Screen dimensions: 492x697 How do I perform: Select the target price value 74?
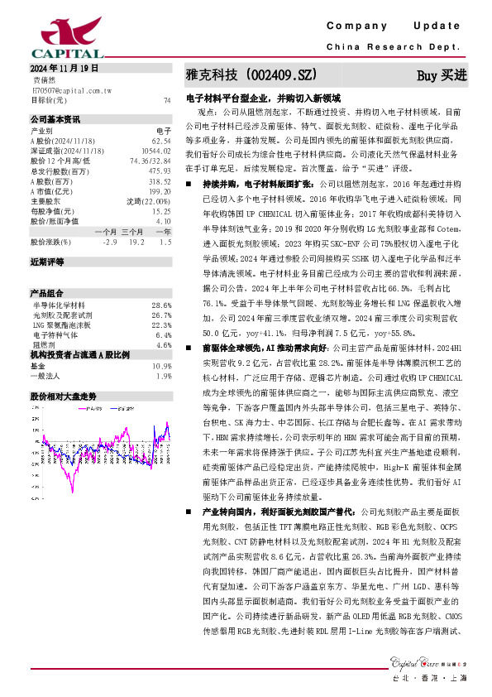pos(167,99)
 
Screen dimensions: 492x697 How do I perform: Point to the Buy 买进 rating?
pos(442,75)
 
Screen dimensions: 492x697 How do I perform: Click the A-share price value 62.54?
pos(160,142)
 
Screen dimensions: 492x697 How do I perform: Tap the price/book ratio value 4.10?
pos(163,221)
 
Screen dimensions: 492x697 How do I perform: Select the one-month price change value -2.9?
pos(109,243)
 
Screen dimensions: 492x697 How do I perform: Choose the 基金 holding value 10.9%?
pos(161,365)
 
